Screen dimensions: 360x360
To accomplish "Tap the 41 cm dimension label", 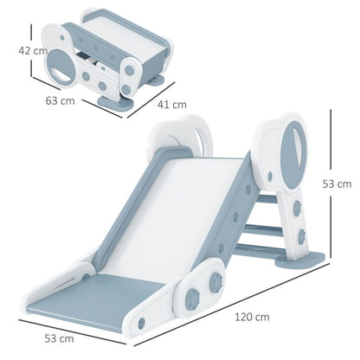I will point(174,105).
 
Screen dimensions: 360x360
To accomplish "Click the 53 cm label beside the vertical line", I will point(343,183).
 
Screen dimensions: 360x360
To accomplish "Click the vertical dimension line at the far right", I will point(334,182).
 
